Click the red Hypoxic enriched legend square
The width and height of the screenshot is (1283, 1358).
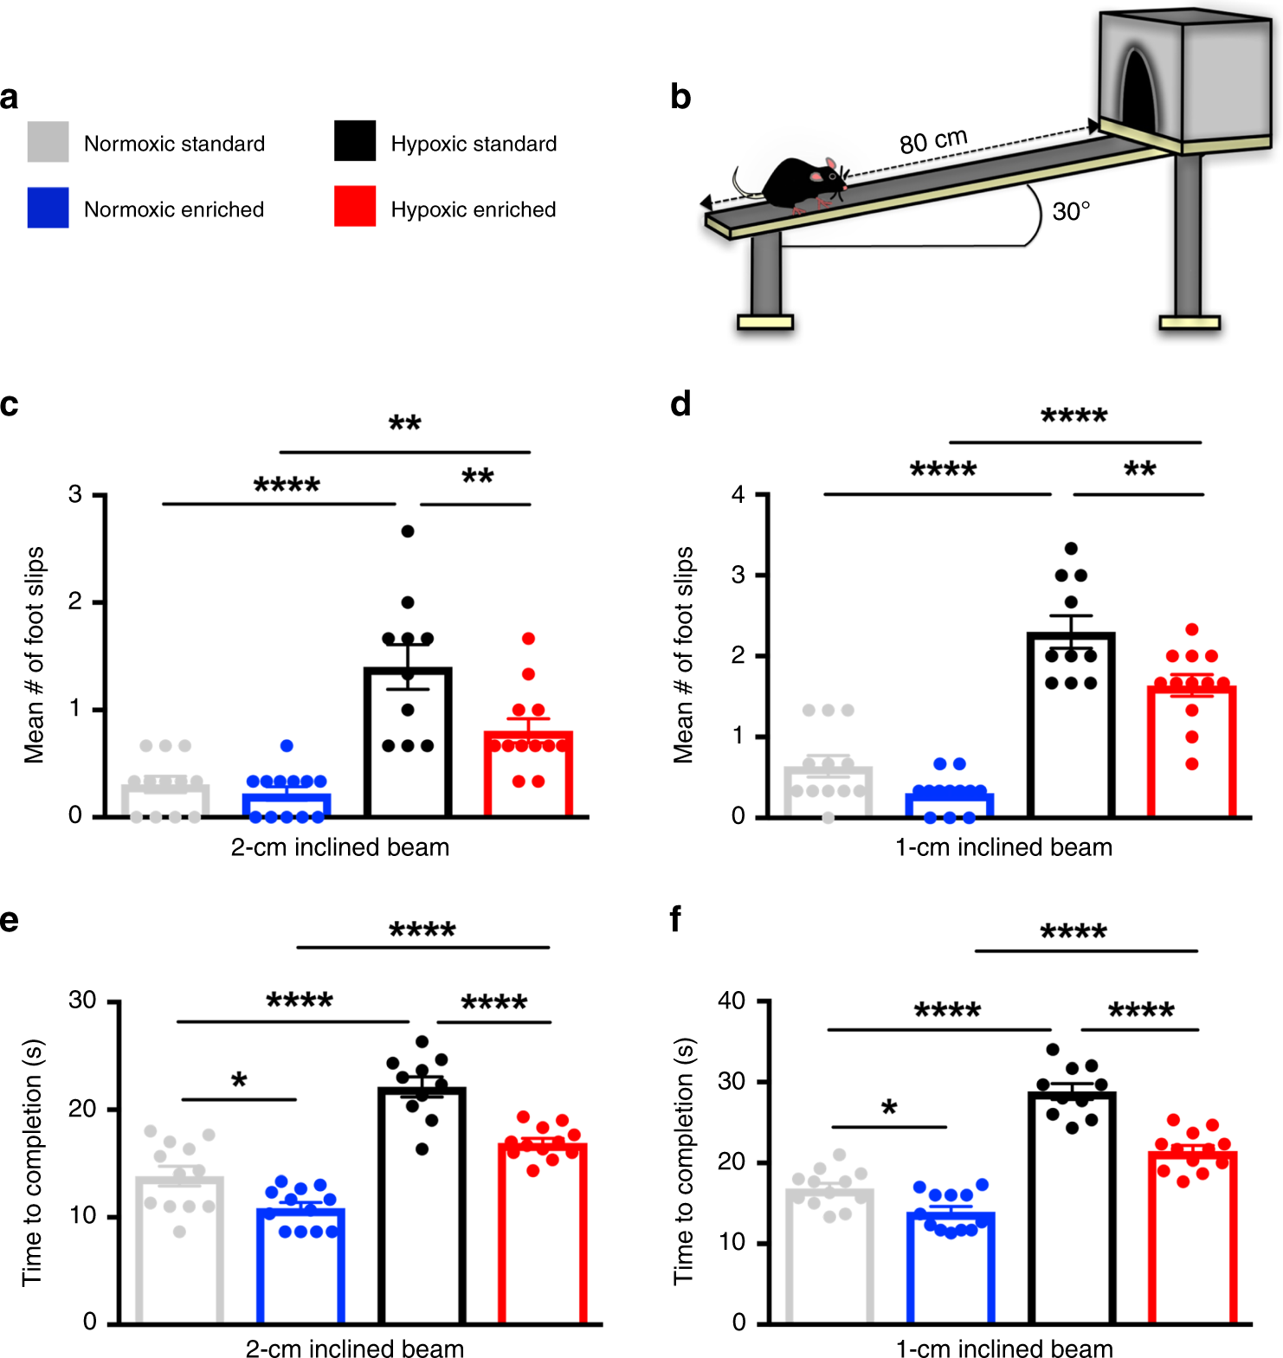click(x=355, y=206)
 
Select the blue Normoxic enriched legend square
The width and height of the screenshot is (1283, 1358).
click(x=48, y=208)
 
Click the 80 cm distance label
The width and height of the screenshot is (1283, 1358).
click(x=932, y=140)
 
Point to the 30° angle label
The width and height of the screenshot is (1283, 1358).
click(x=1071, y=212)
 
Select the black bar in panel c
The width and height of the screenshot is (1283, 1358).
click(x=408, y=744)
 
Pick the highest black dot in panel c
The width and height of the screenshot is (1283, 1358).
click(x=408, y=531)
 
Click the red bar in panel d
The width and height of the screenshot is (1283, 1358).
click(x=1191, y=753)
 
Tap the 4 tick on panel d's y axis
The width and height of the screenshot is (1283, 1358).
click(x=738, y=495)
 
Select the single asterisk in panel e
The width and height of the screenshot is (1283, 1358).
click(x=239, y=1081)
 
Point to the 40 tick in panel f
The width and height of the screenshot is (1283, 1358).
click(x=732, y=1001)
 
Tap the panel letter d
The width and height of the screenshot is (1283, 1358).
click(x=680, y=404)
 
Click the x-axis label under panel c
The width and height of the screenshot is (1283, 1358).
click(x=340, y=847)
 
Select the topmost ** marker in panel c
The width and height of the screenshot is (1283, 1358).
click(x=404, y=424)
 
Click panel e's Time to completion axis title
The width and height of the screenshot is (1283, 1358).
click(x=32, y=1162)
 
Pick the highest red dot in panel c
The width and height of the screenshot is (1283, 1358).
click(x=528, y=639)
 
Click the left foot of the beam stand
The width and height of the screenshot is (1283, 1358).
click(x=764, y=323)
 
